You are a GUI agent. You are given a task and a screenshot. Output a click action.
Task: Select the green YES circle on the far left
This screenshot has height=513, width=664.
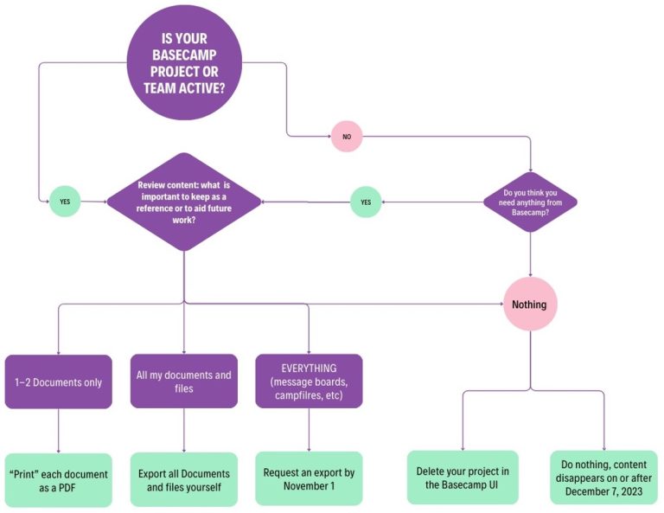[x=64, y=201]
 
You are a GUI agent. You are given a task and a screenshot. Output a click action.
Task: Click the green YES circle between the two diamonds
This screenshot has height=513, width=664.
[x=365, y=202]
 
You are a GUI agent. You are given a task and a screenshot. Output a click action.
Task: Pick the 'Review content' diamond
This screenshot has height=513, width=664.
[x=183, y=202]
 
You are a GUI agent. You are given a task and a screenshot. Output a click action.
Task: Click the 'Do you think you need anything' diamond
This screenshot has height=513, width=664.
[x=530, y=202]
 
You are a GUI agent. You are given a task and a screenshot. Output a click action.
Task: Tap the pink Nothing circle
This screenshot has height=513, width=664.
[x=529, y=305]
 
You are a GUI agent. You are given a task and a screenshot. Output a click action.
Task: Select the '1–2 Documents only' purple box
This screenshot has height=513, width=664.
[x=59, y=382]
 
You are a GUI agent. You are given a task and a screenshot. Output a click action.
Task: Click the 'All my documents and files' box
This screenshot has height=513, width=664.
[x=184, y=382]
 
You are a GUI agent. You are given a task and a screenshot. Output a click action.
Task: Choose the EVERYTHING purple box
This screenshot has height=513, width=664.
[x=309, y=382]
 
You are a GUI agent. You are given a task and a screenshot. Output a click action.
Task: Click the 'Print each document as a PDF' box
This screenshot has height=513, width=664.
[x=59, y=480]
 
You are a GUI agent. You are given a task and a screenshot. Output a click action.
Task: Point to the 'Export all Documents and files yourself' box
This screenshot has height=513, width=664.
[x=184, y=480]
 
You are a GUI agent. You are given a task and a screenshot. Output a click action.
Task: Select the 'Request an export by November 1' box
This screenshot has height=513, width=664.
[x=309, y=479]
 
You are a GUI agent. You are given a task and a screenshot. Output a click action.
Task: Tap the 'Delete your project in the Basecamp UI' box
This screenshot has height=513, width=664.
[x=463, y=478]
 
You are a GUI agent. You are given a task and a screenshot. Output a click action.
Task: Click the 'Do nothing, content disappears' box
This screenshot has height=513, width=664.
[x=603, y=478]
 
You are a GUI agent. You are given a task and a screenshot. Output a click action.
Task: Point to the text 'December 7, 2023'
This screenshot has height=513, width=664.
[x=603, y=491]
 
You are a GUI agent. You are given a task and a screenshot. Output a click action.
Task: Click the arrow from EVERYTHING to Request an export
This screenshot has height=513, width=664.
[x=309, y=430]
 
